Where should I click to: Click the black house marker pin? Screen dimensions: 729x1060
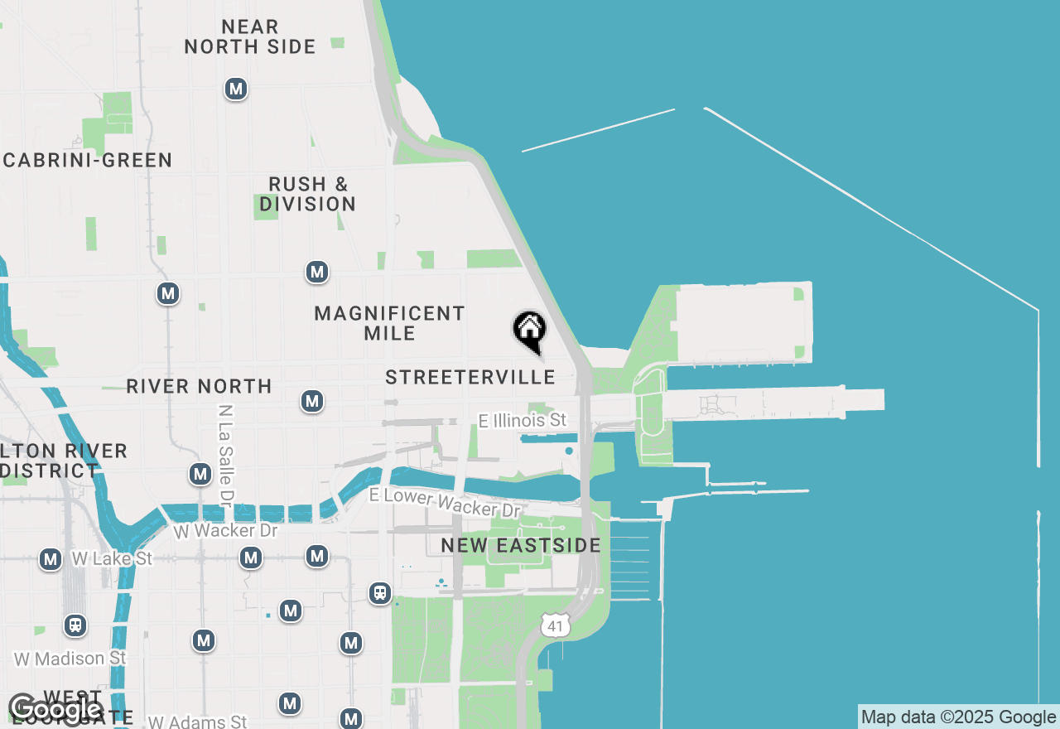tap(529, 331)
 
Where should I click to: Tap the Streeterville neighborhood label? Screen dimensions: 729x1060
tap(470, 378)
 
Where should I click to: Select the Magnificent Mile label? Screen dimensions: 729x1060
tap(389, 323)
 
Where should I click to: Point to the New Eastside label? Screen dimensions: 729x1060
tap(521, 545)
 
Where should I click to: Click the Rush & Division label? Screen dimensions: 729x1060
tap(308, 194)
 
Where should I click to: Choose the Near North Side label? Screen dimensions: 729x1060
tap(250, 37)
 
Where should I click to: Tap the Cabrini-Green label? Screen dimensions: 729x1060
tap(87, 160)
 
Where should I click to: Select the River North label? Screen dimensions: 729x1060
tap(199, 386)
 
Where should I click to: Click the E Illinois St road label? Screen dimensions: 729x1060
tap(523, 421)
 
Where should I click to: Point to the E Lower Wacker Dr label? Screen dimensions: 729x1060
tap(446, 502)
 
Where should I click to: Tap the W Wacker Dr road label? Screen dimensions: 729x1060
tap(226, 530)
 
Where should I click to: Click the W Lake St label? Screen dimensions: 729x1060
tap(112, 559)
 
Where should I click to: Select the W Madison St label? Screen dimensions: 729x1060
tap(70, 659)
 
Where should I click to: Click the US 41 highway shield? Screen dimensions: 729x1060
tap(555, 626)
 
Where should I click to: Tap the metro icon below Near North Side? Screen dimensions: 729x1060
tap(236, 89)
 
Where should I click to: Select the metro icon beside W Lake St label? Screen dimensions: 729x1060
tap(51, 559)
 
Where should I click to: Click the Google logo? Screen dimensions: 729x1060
tap(55, 709)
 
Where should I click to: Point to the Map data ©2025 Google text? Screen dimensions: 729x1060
tap(958, 717)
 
